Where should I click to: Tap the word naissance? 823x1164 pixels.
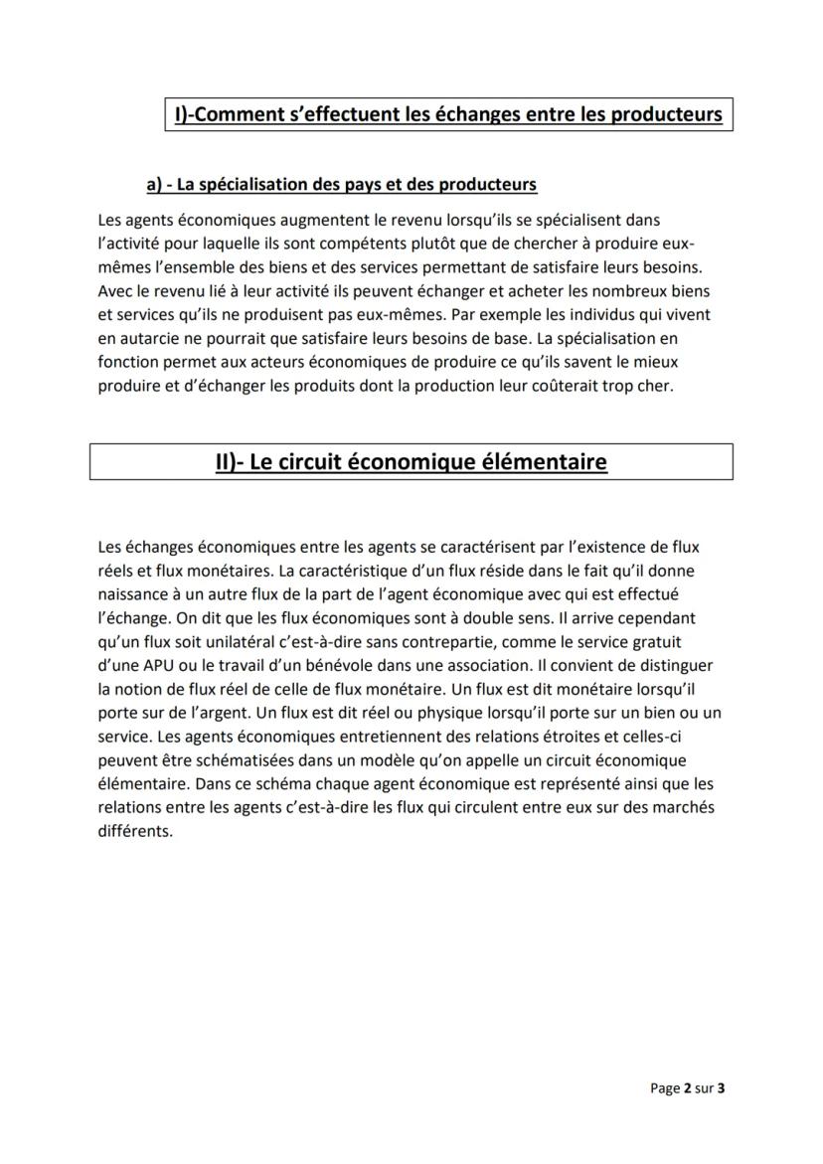pyautogui.click(x=135, y=593)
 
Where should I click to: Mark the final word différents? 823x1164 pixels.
pyautogui.click(x=135, y=832)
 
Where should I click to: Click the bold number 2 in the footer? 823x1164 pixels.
pyautogui.click(x=686, y=1088)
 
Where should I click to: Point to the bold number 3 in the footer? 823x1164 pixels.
pyautogui.click(x=721, y=1088)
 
